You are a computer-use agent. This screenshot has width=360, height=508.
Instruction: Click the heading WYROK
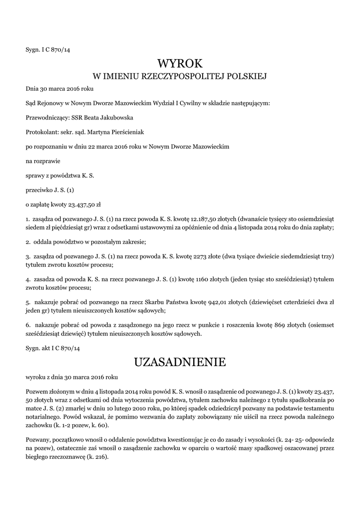tap(180, 63)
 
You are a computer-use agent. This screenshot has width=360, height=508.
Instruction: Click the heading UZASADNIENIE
tap(180, 362)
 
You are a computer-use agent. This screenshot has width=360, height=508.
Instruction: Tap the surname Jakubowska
tap(115, 118)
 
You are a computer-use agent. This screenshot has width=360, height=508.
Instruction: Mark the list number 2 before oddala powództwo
tap(27, 242)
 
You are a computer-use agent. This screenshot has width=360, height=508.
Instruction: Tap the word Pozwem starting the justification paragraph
tap(36, 390)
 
